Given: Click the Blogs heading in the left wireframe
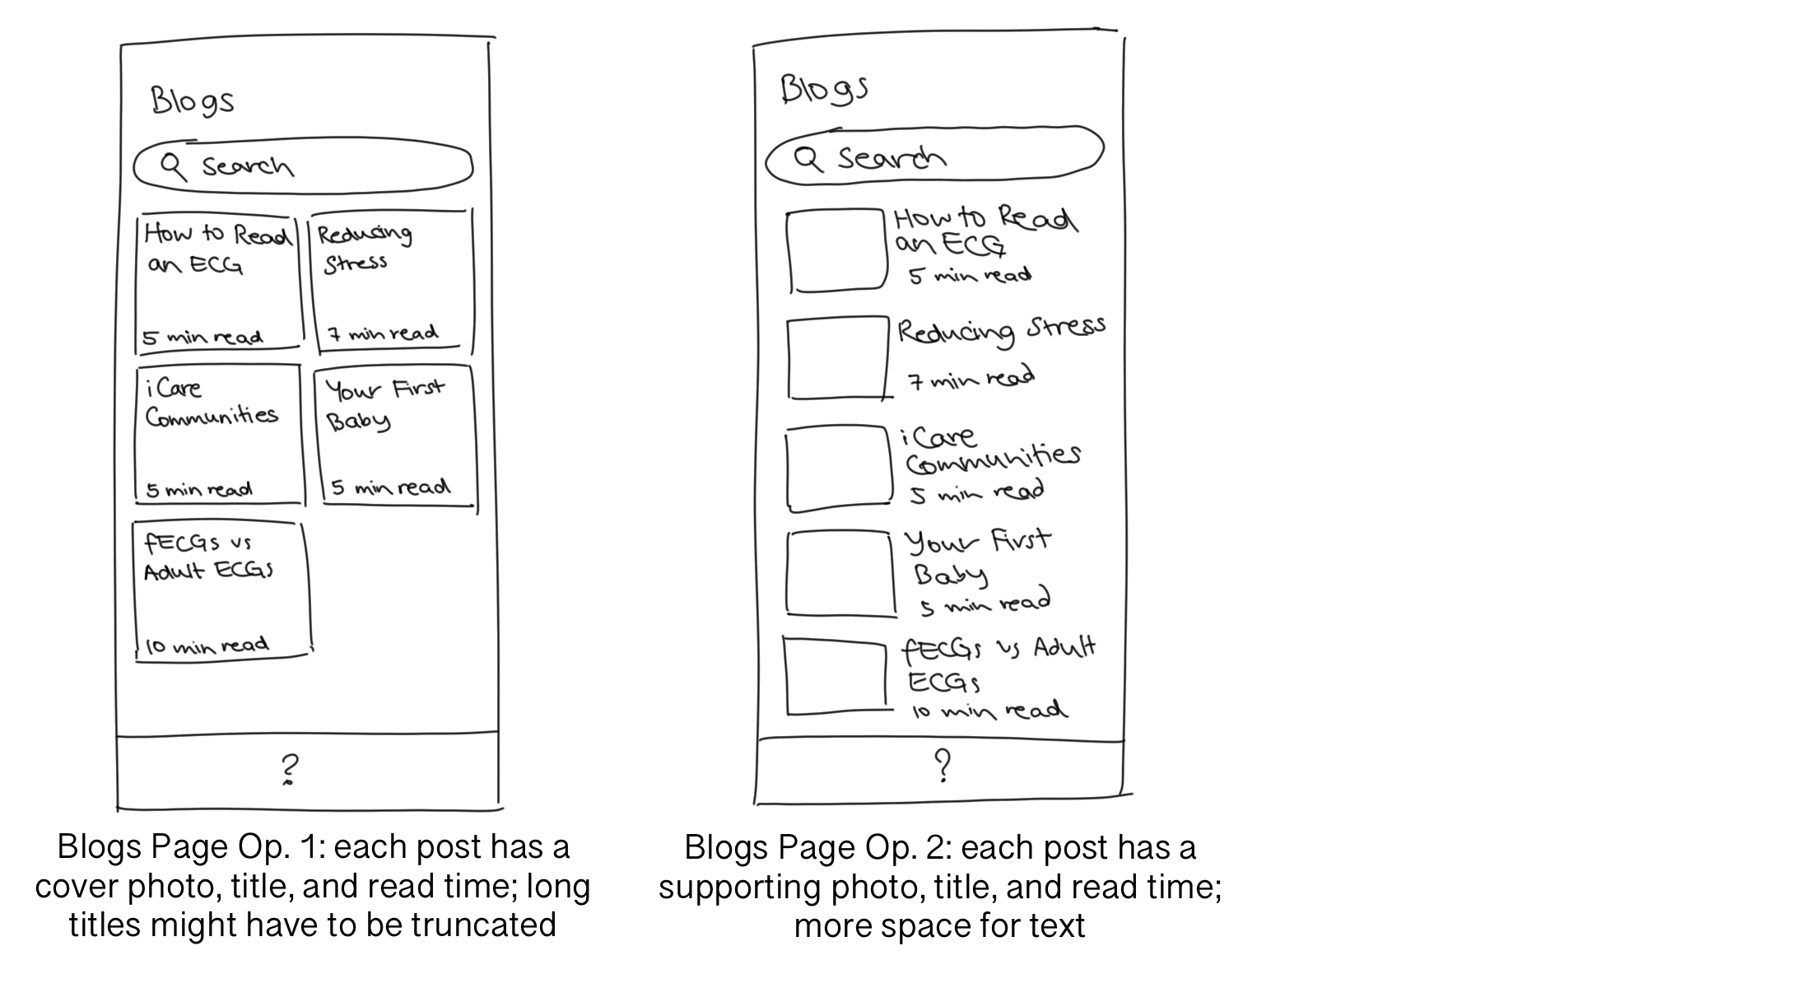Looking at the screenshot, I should [x=193, y=101].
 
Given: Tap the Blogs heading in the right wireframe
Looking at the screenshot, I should [x=823, y=89].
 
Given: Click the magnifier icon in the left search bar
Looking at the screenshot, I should [x=173, y=165].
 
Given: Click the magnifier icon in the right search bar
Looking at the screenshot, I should [x=808, y=157].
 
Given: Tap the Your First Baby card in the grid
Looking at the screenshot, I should [x=393, y=436].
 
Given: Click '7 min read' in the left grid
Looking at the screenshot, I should [x=384, y=334].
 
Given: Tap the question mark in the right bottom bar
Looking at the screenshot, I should [x=943, y=766].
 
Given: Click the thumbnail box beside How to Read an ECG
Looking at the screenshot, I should [x=836, y=250].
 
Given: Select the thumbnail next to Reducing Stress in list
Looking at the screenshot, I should [x=836, y=358].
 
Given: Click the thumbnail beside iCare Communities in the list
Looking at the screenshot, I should [x=838, y=467].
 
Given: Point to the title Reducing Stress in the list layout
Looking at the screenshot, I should [x=1000, y=331].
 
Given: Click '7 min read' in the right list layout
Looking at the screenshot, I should [x=971, y=380].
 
